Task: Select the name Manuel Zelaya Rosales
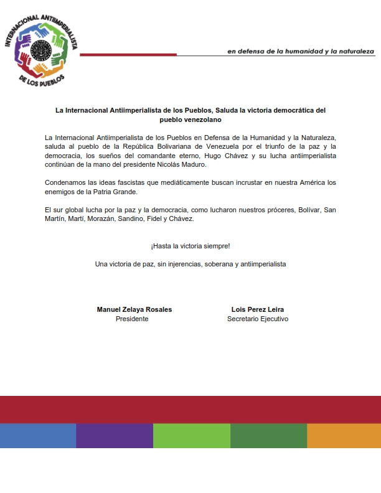(x=134, y=309)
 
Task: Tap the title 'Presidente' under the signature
(x=132, y=319)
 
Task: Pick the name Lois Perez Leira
(x=258, y=309)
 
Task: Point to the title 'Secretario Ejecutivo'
(x=258, y=319)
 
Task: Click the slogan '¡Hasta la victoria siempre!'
(x=190, y=246)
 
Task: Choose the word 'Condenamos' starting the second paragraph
(x=65, y=182)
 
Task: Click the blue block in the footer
(x=38, y=436)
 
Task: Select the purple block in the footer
(x=115, y=436)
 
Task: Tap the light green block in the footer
(x=191, y=436)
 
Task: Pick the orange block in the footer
(x=344, y=436)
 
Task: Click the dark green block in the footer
(x=268, y=436)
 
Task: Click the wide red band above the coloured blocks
(x=190, y=410)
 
